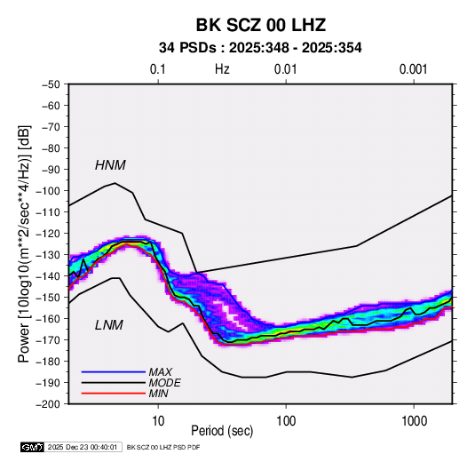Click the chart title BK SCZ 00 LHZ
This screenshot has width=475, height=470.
260,25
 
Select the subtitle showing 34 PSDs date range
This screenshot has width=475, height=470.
260,48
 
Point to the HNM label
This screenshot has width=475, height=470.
110,165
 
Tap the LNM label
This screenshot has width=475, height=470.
109,325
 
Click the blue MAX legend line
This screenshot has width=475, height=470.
114,371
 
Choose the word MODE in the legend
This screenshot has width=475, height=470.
164,383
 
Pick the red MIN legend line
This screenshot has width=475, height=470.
114,394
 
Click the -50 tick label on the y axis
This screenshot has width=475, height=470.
51,84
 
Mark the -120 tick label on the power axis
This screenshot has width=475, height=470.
49,234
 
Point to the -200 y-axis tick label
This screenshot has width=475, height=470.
49,404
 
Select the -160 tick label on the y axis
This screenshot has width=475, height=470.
49,319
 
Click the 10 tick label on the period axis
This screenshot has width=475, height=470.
158,421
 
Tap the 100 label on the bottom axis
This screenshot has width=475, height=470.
286,421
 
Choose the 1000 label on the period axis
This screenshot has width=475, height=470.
414,421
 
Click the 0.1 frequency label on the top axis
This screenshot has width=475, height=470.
158,69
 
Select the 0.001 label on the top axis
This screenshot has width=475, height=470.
413,69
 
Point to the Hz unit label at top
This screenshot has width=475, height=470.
222,69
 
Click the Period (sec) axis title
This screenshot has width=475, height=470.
222,431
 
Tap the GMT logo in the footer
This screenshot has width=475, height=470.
33,447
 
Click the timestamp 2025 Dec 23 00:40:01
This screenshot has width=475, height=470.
83,447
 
